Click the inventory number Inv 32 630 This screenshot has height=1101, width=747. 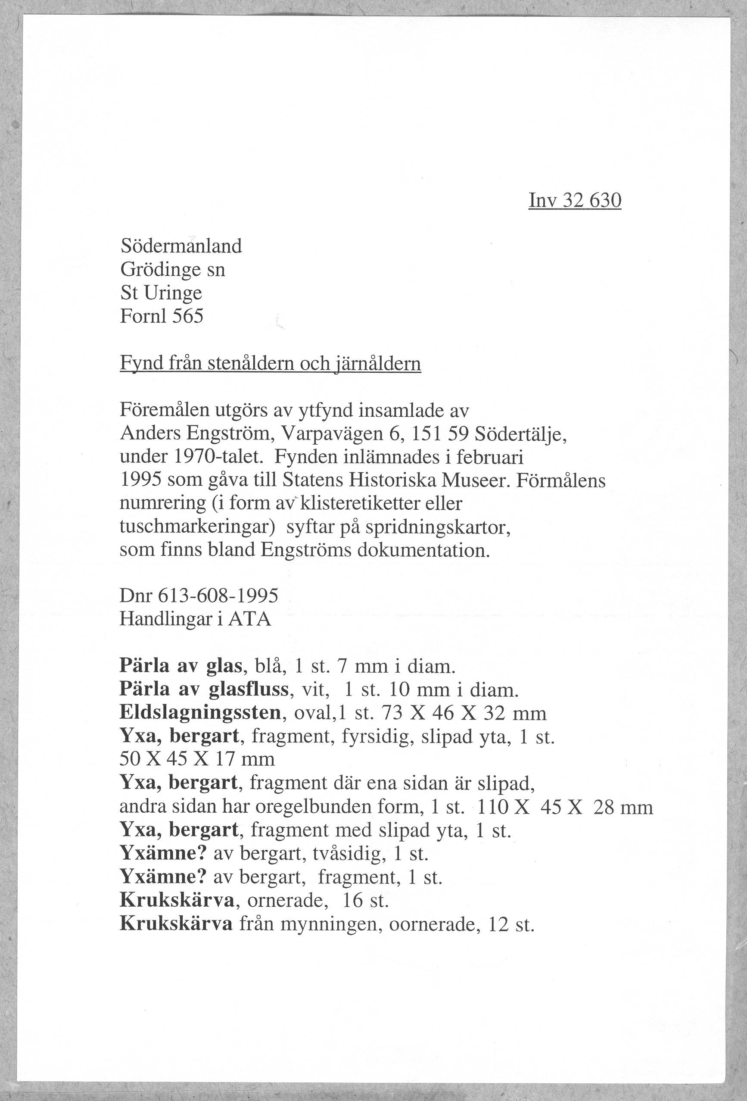coord(575,201)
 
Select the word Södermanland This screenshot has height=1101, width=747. coord(181,246)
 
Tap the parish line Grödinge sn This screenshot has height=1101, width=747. coord(172,270)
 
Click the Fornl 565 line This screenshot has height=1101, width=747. coord(162,316)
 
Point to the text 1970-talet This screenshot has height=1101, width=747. coord(219,457)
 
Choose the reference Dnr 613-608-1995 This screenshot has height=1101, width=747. coord(199,596)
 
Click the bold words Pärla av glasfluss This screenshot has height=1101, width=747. coord(204,689)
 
